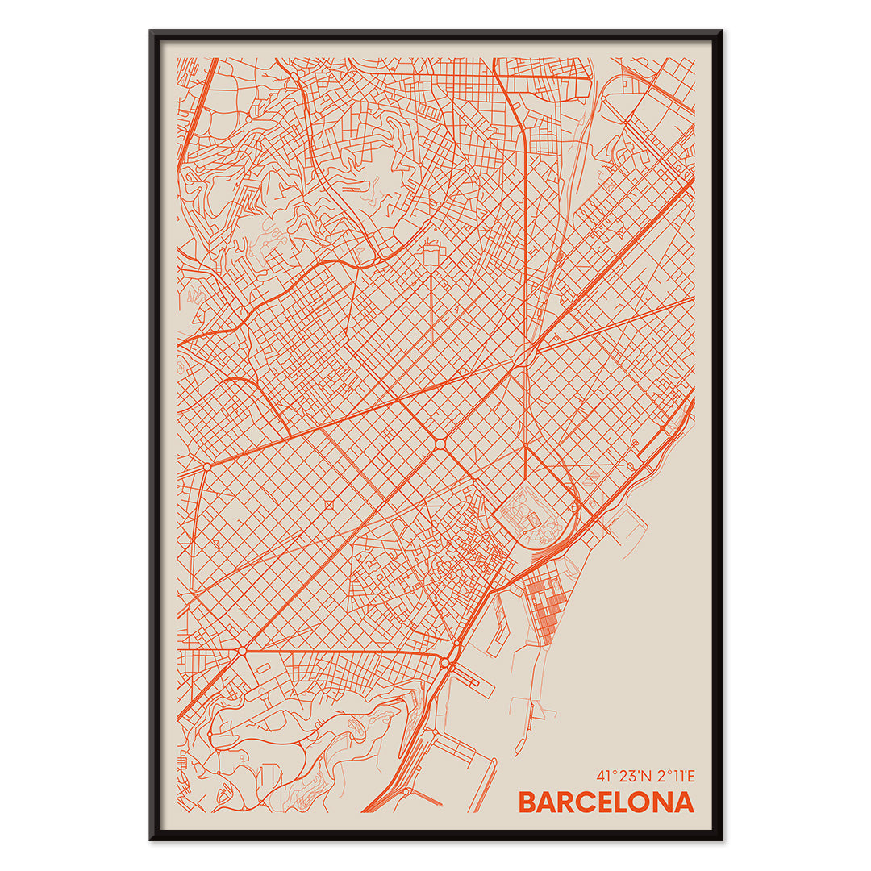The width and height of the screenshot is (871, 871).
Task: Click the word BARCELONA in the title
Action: point(606,802)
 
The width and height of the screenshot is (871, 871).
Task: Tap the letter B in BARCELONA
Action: point(527,802)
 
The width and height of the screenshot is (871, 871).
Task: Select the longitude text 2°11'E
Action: point(673,777)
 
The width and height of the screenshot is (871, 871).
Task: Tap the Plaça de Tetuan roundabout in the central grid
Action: point(440,444)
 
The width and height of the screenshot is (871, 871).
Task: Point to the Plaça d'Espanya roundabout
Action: point(241,650)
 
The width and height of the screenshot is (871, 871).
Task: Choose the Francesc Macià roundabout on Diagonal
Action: point(207,466)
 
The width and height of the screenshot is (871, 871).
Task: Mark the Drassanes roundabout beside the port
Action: point(444,663)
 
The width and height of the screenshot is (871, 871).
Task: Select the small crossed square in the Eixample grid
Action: point(328,505)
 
